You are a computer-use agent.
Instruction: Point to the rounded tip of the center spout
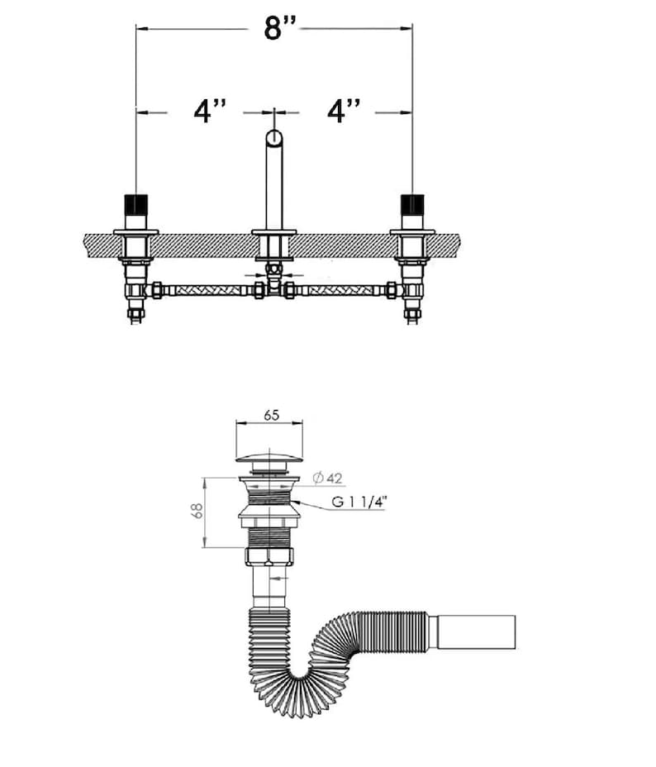274,136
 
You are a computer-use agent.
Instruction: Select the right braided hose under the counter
341,290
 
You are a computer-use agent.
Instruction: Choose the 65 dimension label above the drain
271,415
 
